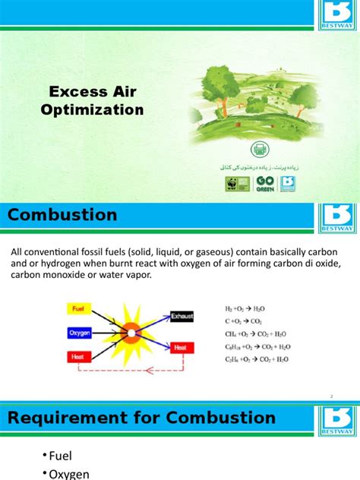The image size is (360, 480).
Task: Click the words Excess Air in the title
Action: coord(96,92)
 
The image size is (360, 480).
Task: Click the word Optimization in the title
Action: coord(96,110)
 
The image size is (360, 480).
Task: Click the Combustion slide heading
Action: coord(62,215)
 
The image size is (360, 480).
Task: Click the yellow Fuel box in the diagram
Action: coord(78,310)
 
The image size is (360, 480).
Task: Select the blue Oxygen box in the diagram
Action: coord(80,333)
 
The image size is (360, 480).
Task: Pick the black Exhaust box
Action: coord(182,315)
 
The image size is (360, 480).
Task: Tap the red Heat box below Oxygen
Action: coord(79,355)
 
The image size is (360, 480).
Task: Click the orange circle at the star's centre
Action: coord(131,332)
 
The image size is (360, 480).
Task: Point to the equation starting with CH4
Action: coord(255,333)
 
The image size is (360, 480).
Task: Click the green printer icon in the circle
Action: coord(260,150)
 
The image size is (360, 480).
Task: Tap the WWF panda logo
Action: coord(232,184)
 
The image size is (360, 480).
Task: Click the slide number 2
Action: coord(333,396)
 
